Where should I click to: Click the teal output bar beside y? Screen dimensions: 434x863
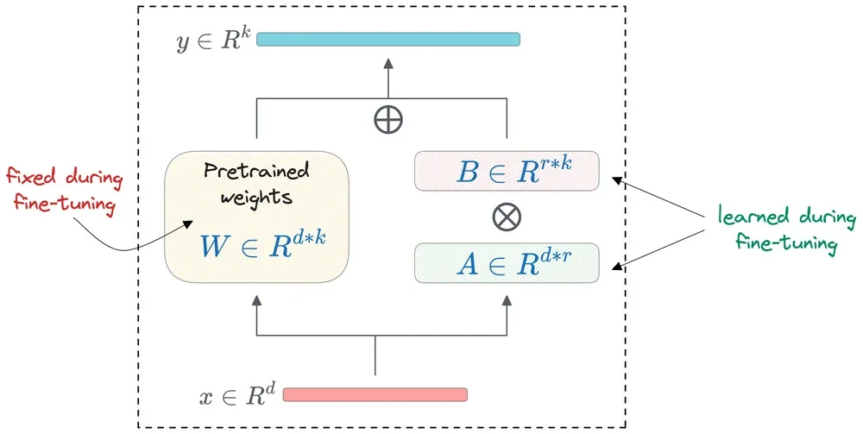coord(388,39)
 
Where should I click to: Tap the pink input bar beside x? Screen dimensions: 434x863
coord(375,394)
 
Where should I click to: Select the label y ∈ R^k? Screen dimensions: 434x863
coord(212,40)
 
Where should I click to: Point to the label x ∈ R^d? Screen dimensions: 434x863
coord(236,396)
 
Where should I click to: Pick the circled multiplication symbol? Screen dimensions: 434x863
coord(507,216)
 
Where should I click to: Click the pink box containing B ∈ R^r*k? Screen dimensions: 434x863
coord(506,172)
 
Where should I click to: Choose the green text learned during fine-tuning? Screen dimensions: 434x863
coord(785,230)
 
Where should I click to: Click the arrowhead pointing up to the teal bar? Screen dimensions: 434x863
coord(388,63)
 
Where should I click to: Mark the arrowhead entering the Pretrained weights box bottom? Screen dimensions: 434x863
coord(256,299)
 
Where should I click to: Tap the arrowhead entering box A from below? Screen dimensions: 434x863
coord(507,299)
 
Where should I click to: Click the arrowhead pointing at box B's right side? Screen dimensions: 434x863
coord(615,179)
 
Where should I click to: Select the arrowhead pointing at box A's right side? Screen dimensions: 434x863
coord(615,267)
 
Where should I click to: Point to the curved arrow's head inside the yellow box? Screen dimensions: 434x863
coord(187,223)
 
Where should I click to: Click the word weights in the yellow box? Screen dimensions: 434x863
coord(255,197)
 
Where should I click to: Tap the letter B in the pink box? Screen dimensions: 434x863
coord(467,172)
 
